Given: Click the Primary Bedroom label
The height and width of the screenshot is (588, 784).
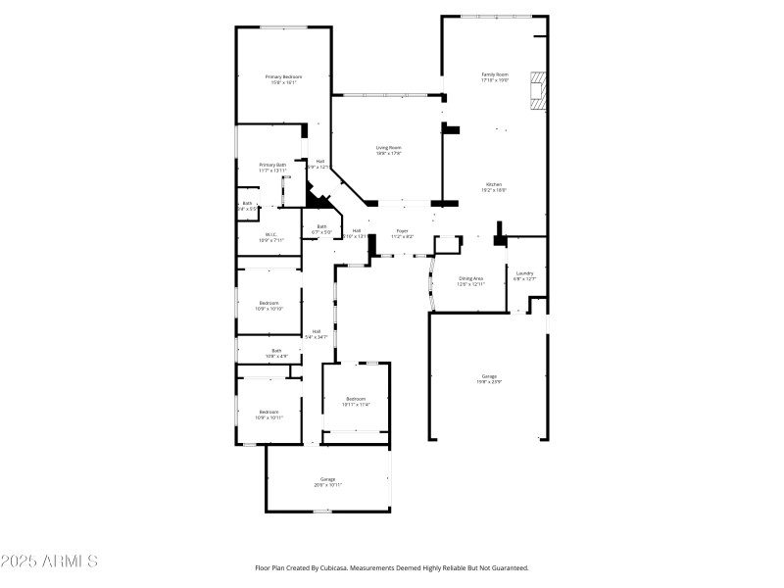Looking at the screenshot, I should (283, 79).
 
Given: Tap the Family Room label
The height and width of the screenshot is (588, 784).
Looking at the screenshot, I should (495, 77).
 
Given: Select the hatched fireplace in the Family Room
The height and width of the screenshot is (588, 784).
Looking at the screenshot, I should (535, 90).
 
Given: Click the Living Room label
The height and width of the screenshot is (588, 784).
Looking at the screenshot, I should (389, 150).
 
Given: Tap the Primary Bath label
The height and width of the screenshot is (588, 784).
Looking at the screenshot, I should (272, 168).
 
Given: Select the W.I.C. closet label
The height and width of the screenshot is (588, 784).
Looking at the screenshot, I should (273, 236).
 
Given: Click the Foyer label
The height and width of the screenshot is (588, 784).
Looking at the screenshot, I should (402, 233).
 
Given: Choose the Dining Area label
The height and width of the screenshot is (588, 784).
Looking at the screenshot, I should (471, 280).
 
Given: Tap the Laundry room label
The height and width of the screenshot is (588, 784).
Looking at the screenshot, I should (525, 275).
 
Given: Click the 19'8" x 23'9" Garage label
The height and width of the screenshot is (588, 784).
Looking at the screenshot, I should (489, 379).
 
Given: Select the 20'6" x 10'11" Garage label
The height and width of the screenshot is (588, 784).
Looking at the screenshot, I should (327, 481).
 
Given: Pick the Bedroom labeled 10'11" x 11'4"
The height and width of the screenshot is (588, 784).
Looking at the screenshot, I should (355, 401).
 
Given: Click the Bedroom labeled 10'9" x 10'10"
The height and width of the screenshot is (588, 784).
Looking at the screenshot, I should (269, 305).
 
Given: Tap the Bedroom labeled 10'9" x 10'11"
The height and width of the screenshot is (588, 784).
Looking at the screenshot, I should (269, 415).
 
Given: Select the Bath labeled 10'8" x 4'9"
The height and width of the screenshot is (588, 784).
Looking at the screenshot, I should (276, 353).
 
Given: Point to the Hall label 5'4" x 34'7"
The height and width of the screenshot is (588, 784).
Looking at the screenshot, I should (317, 334).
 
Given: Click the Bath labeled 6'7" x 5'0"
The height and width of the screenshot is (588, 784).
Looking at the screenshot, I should (321, 229).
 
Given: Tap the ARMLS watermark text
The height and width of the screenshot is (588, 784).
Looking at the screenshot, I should (49, 562).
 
